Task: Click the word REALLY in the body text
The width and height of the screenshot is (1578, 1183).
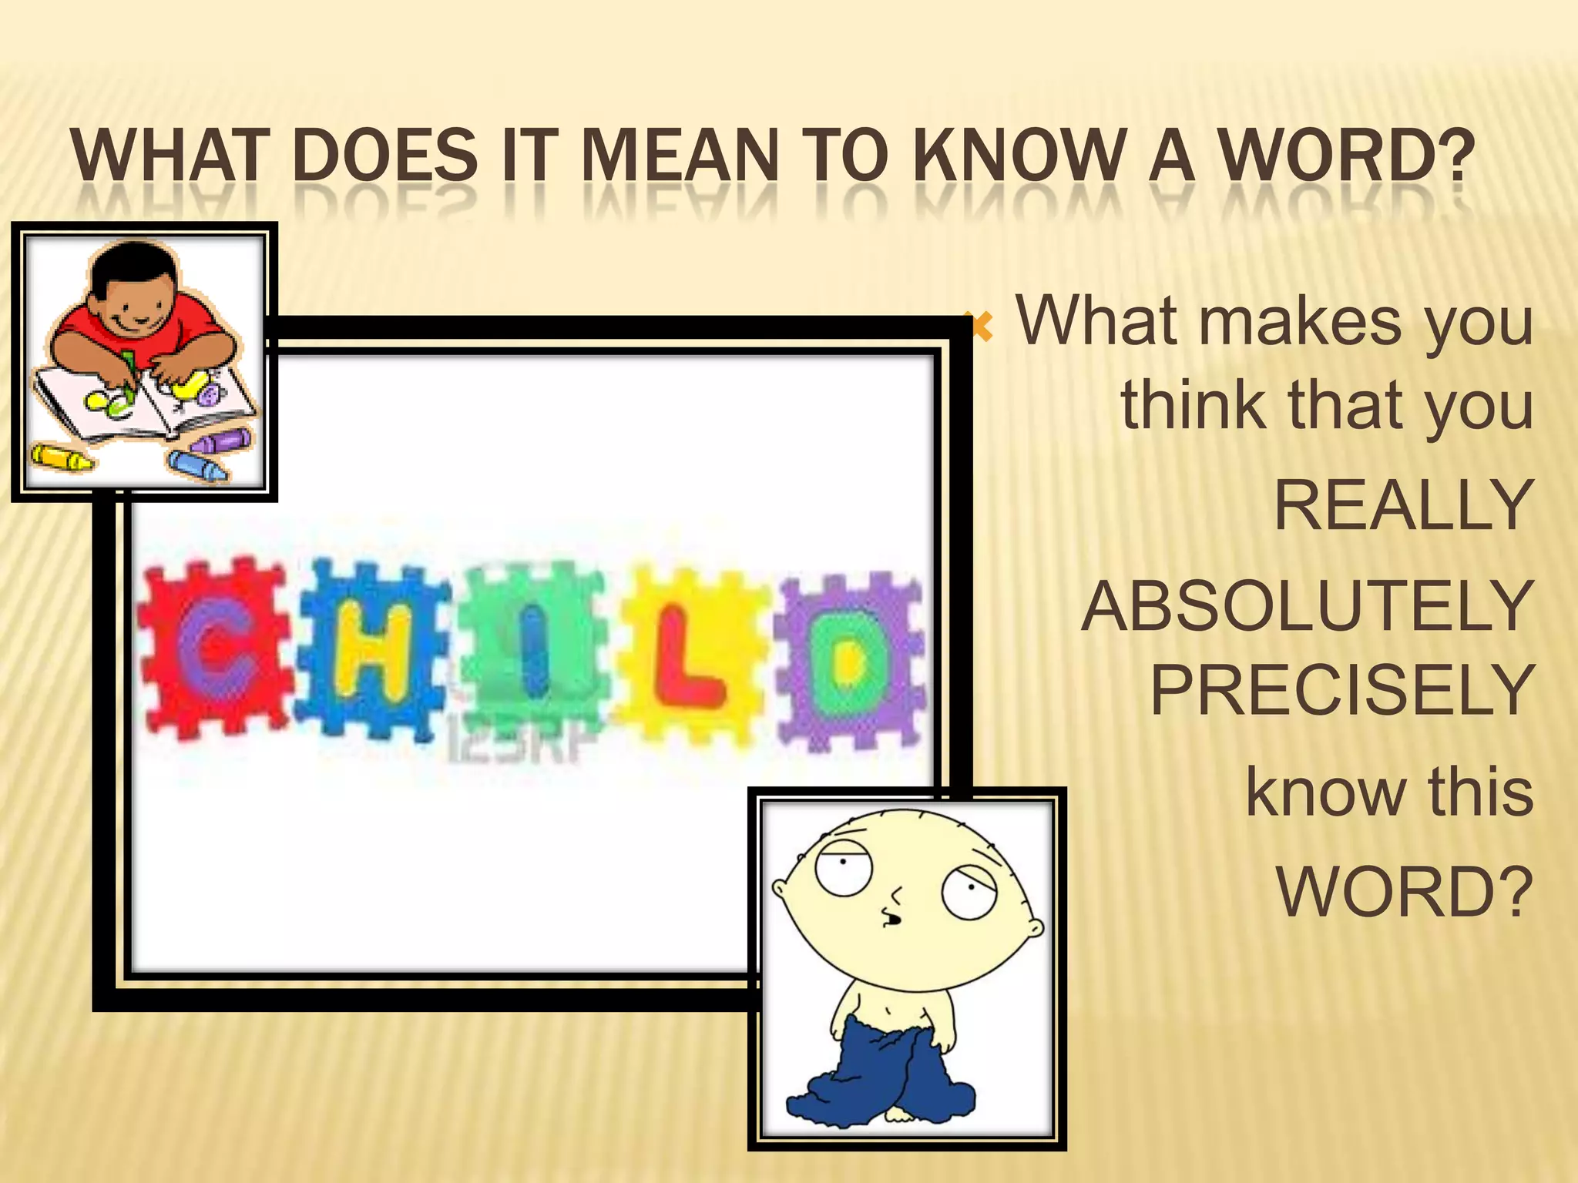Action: [1403, 505]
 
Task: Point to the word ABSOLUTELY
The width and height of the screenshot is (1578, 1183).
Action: [1307, 606]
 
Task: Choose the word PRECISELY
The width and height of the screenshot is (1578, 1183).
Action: [1341, 690]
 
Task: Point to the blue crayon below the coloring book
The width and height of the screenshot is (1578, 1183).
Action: [198, 465]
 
